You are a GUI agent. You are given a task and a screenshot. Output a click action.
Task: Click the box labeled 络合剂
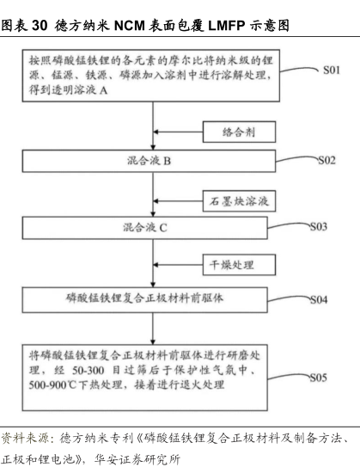click(x=239, y=132)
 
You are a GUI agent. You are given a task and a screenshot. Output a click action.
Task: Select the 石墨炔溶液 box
click(x=239, y=201)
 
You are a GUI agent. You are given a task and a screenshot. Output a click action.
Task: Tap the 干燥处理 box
click(x=239, y=267)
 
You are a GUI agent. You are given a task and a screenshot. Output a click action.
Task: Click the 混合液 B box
click(x=154, y=161)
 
